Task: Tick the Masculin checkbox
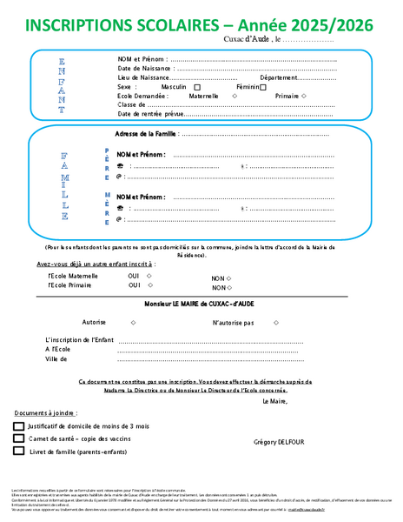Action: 197,88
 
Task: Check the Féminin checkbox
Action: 263,88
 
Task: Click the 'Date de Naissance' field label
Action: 142,69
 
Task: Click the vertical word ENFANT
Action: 61,86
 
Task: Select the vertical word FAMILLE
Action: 64,185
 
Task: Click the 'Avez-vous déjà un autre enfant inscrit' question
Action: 95,263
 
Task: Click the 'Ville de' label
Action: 56,358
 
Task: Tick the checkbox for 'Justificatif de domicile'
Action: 19,426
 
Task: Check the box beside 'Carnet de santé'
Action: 19,439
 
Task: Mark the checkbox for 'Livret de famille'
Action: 19,452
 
